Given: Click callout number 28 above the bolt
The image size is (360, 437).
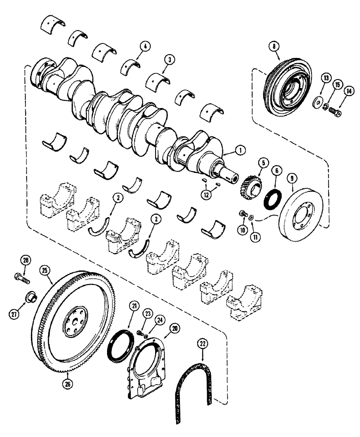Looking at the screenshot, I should pyautogui.click(x=27, y=261).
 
